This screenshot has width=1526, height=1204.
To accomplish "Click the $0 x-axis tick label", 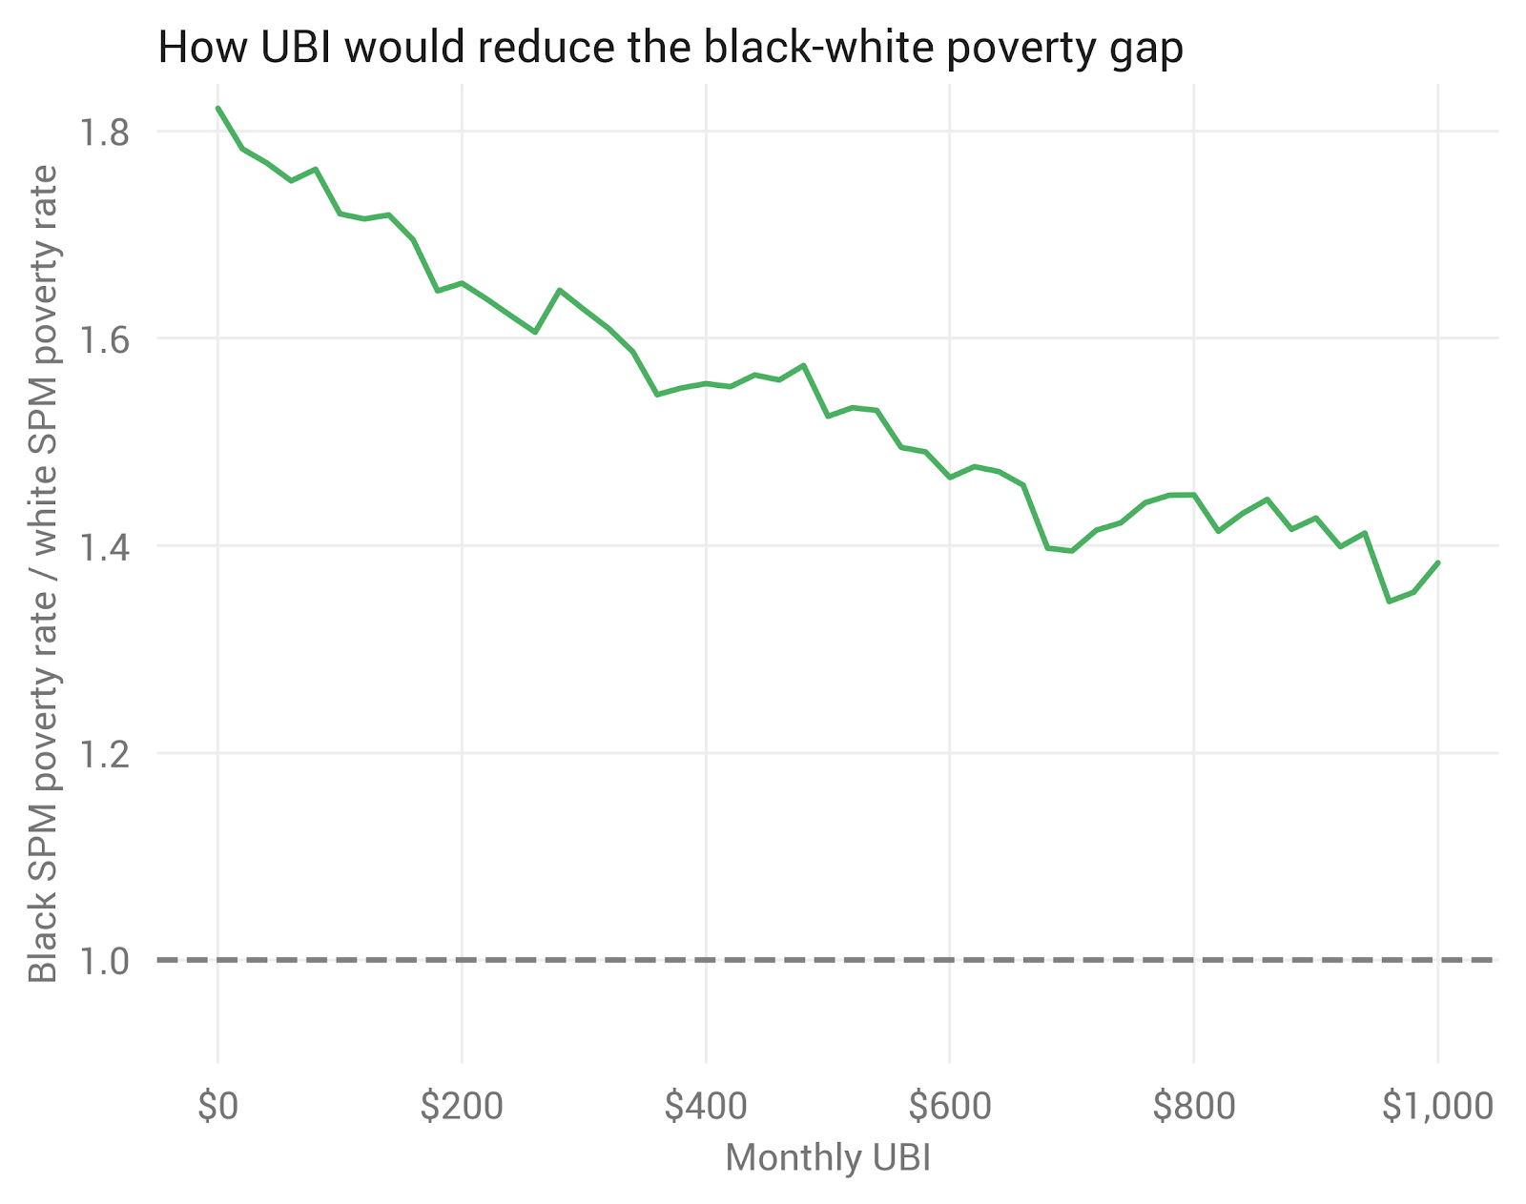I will (217, 1107).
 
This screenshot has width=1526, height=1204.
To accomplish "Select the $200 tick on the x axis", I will (462, 1107).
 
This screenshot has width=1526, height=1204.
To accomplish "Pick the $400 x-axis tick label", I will (706, 1107).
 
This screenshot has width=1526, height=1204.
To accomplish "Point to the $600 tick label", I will (950, 1107).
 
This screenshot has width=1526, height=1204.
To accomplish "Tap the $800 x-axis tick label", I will (1194, 1107).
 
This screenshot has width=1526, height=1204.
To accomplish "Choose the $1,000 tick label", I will (1437, 1107).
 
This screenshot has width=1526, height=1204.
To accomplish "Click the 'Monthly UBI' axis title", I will (828, 1158).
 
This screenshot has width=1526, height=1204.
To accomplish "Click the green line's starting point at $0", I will (218, 108).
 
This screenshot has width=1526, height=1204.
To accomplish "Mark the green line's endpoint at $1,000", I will (1437, 562).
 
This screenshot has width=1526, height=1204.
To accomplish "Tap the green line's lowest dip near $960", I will (1389, 602).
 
